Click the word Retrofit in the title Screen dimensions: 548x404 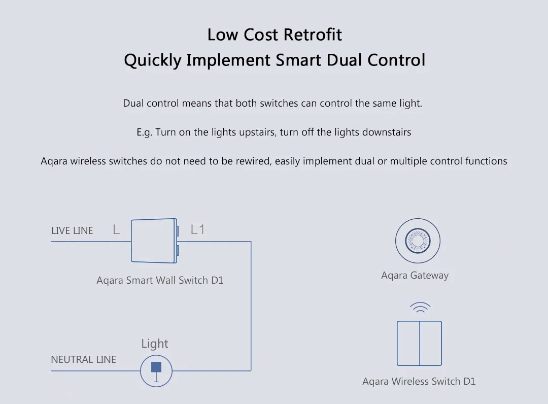point(313,35)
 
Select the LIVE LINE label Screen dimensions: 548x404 point(72,230)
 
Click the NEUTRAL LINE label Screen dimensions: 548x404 point(84,359)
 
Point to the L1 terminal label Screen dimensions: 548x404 point(197,229)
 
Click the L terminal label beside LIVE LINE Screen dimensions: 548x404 point(116,229)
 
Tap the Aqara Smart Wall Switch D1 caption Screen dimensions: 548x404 point(160,280)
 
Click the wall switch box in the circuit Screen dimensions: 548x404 point(154,241)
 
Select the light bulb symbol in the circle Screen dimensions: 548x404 point(156,371)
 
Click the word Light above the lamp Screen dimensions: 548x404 point(154,344)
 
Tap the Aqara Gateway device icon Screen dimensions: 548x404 point(418,241)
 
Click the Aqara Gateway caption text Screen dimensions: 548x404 point(415,276)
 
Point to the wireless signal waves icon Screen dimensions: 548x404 point(420,307)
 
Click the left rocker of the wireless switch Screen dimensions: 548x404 point(408,343)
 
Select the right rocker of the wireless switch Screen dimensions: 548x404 point(431,343)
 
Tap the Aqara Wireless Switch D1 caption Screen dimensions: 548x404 point(419,381)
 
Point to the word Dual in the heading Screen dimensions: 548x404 point(344,60)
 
